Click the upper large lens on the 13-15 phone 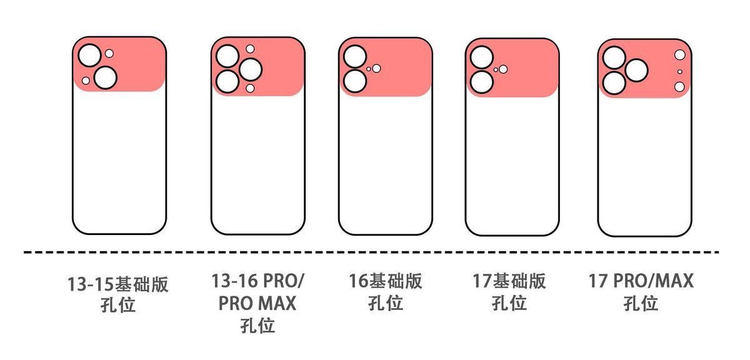(89, 56)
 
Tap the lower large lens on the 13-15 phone (106, 77)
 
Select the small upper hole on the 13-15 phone (109, 54)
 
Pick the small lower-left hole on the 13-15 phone (86, 81)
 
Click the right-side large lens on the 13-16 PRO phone (251, 70)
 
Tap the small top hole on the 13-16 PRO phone (250, 49)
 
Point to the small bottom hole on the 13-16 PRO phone (250, 88)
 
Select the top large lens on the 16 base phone (355, 56)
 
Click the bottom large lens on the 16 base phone (355, 81)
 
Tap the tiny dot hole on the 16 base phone (369, 69)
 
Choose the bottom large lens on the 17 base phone (482, 82)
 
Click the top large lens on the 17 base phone (482, 57)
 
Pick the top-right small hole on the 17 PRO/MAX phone (680, 55)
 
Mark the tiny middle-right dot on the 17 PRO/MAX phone (680, 72)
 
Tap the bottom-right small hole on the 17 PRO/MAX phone (679, 87)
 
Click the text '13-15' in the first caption (91, 284)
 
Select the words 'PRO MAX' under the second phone (257, 303)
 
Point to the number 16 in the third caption (359, 281)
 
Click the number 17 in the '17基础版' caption (482, 281)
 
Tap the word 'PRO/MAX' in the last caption (653, 281)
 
